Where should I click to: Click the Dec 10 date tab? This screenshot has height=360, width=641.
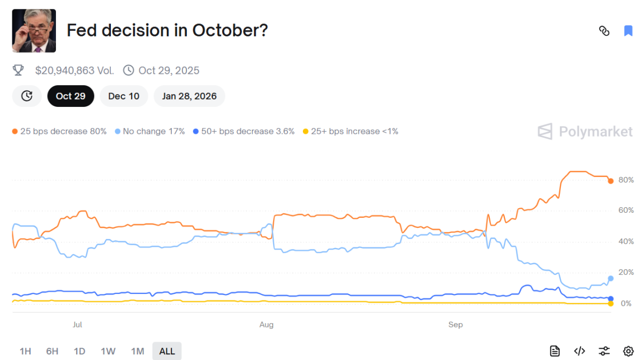coord(124,96)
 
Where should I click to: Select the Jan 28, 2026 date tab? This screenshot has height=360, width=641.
coord(189,96)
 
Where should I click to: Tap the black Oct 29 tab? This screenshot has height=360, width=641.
coord(71,96)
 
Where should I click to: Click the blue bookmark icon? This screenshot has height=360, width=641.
coord(628,31)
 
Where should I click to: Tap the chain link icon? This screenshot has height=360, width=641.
coord(604,31)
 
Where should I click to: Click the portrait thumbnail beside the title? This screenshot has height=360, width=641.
coord(34,31)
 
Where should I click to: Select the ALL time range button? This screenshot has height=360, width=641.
coord(167,351)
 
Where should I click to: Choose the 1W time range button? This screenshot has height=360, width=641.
coord(108,351)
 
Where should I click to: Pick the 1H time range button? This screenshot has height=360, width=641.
coord(25,351)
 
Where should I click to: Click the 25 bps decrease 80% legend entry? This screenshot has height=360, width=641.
coord(59,131)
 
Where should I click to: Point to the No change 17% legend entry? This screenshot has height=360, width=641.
coord(149,131)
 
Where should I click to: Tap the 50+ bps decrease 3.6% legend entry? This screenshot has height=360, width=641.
coord(244,131)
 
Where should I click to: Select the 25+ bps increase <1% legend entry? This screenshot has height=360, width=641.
coord(350,131)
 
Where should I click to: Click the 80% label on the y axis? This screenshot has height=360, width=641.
coord(626,180)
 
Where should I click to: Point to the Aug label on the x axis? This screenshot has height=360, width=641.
coord(266,325)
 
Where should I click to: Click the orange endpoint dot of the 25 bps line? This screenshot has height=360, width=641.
coord(611,181)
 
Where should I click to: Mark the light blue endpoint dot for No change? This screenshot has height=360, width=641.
coord(611,278)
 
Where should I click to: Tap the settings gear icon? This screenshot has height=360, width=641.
coord(628,351)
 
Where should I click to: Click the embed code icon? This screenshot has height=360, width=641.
coord(579,351)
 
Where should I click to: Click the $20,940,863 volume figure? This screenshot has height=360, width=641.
coord(74,71)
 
